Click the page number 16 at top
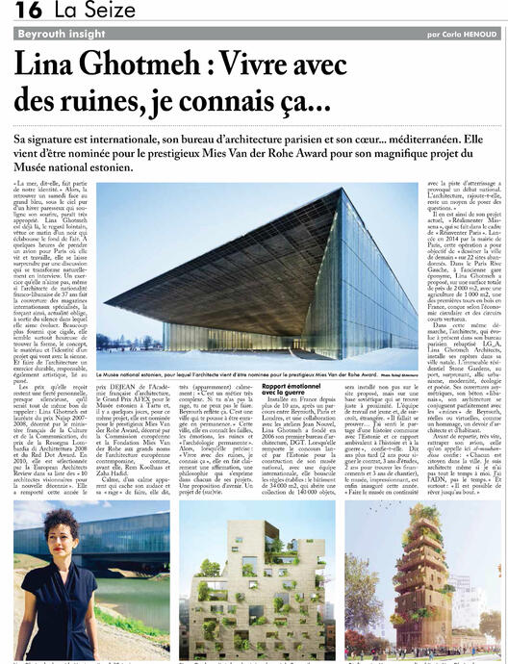(x=27, y=11)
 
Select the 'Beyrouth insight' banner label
(x=60, y=34)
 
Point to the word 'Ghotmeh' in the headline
(x=130, y=65)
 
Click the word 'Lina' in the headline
(x=41, y=65)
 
